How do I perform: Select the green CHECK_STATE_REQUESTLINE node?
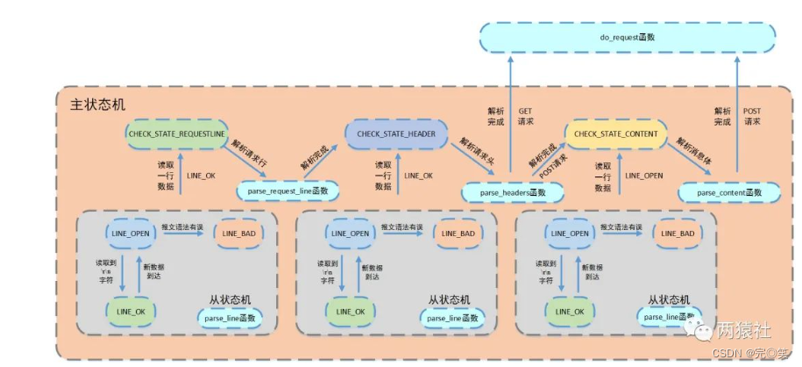pos(177,134)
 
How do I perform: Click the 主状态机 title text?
pos(97,104)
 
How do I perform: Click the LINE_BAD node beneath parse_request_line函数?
pos(238,233)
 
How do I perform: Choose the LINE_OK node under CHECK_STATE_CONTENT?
pos(566,311)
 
